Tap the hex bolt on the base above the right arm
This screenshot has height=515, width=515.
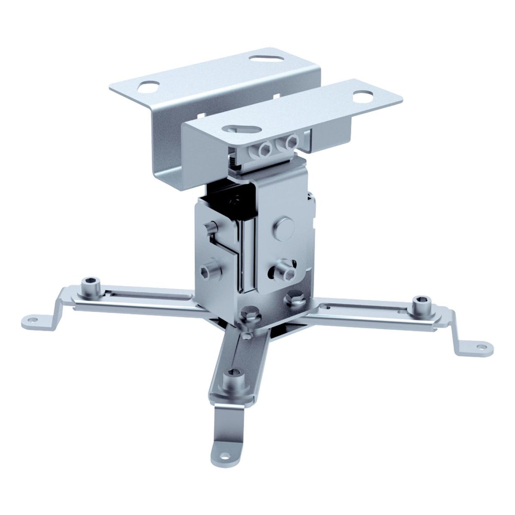pos(294,297)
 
